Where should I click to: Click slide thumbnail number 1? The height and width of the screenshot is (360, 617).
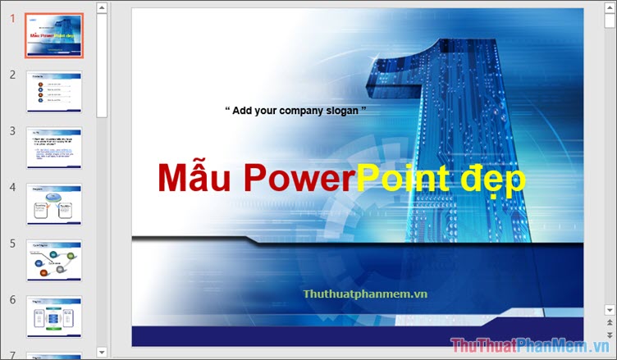(54, 36)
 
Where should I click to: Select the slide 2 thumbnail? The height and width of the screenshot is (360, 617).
(54, 91)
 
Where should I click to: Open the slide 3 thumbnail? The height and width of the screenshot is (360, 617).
(54, 148)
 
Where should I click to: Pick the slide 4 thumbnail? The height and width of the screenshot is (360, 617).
(54, 204)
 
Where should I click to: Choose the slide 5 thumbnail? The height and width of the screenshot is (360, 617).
(54, 261)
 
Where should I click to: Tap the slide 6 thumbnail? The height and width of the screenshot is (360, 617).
(54, 317)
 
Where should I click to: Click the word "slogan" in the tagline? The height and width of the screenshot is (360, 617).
(340, 110)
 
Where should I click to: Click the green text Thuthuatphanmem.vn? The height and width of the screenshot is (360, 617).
(365, 293)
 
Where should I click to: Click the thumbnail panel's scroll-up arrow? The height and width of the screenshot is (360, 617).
(102, 8)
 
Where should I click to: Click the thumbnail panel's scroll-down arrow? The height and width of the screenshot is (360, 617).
(102, 353)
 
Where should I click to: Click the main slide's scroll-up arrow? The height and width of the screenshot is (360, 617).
(610, 8)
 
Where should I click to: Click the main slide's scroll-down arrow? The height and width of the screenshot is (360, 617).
(610, 309)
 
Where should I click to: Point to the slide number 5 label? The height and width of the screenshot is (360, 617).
(13, 244)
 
